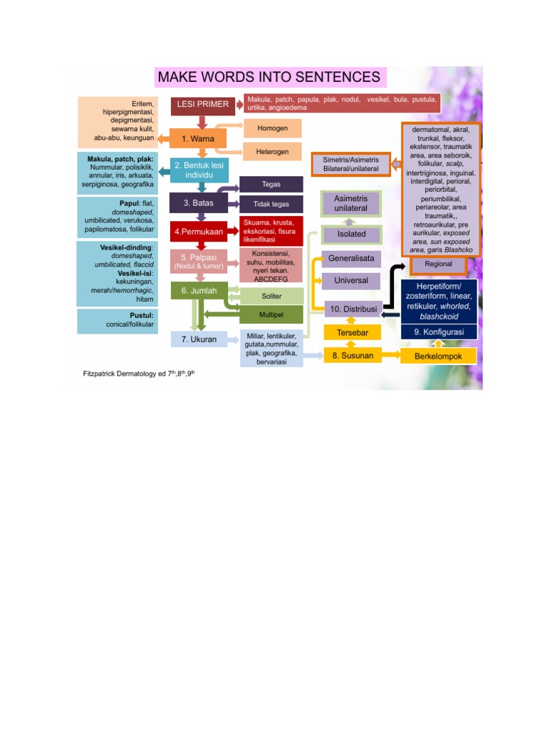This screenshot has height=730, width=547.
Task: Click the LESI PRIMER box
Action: coord(203,105)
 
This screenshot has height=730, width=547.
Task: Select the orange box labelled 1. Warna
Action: coord(198,139)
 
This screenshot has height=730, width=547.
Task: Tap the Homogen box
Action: coord(273,128)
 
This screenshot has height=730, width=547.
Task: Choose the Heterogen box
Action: coord(273,152)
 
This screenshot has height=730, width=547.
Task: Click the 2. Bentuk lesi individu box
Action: coord(199,170)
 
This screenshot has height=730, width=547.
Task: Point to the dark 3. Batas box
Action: coord(199,203)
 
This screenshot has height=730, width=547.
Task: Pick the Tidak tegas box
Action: coord(271,204)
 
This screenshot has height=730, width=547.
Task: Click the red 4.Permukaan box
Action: coord(199,232)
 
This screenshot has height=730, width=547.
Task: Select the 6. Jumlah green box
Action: coord(199,291)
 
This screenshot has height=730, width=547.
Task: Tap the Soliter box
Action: coord(271,296)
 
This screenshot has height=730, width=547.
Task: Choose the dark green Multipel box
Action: coord(271,314)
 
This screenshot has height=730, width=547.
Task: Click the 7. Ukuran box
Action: coord(199,339)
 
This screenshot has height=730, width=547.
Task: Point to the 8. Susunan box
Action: coord(353,356)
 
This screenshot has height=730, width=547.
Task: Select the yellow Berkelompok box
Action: coord(438,356)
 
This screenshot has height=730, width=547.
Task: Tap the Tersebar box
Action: coord(353,332)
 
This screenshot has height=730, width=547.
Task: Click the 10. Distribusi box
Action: coord(353,309)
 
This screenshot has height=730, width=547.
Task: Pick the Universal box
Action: coord(351,281)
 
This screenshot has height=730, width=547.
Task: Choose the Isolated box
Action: coord(351,234)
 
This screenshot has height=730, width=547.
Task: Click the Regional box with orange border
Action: coord(438,264)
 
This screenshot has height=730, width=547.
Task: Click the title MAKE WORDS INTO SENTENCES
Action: coord(270,77)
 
